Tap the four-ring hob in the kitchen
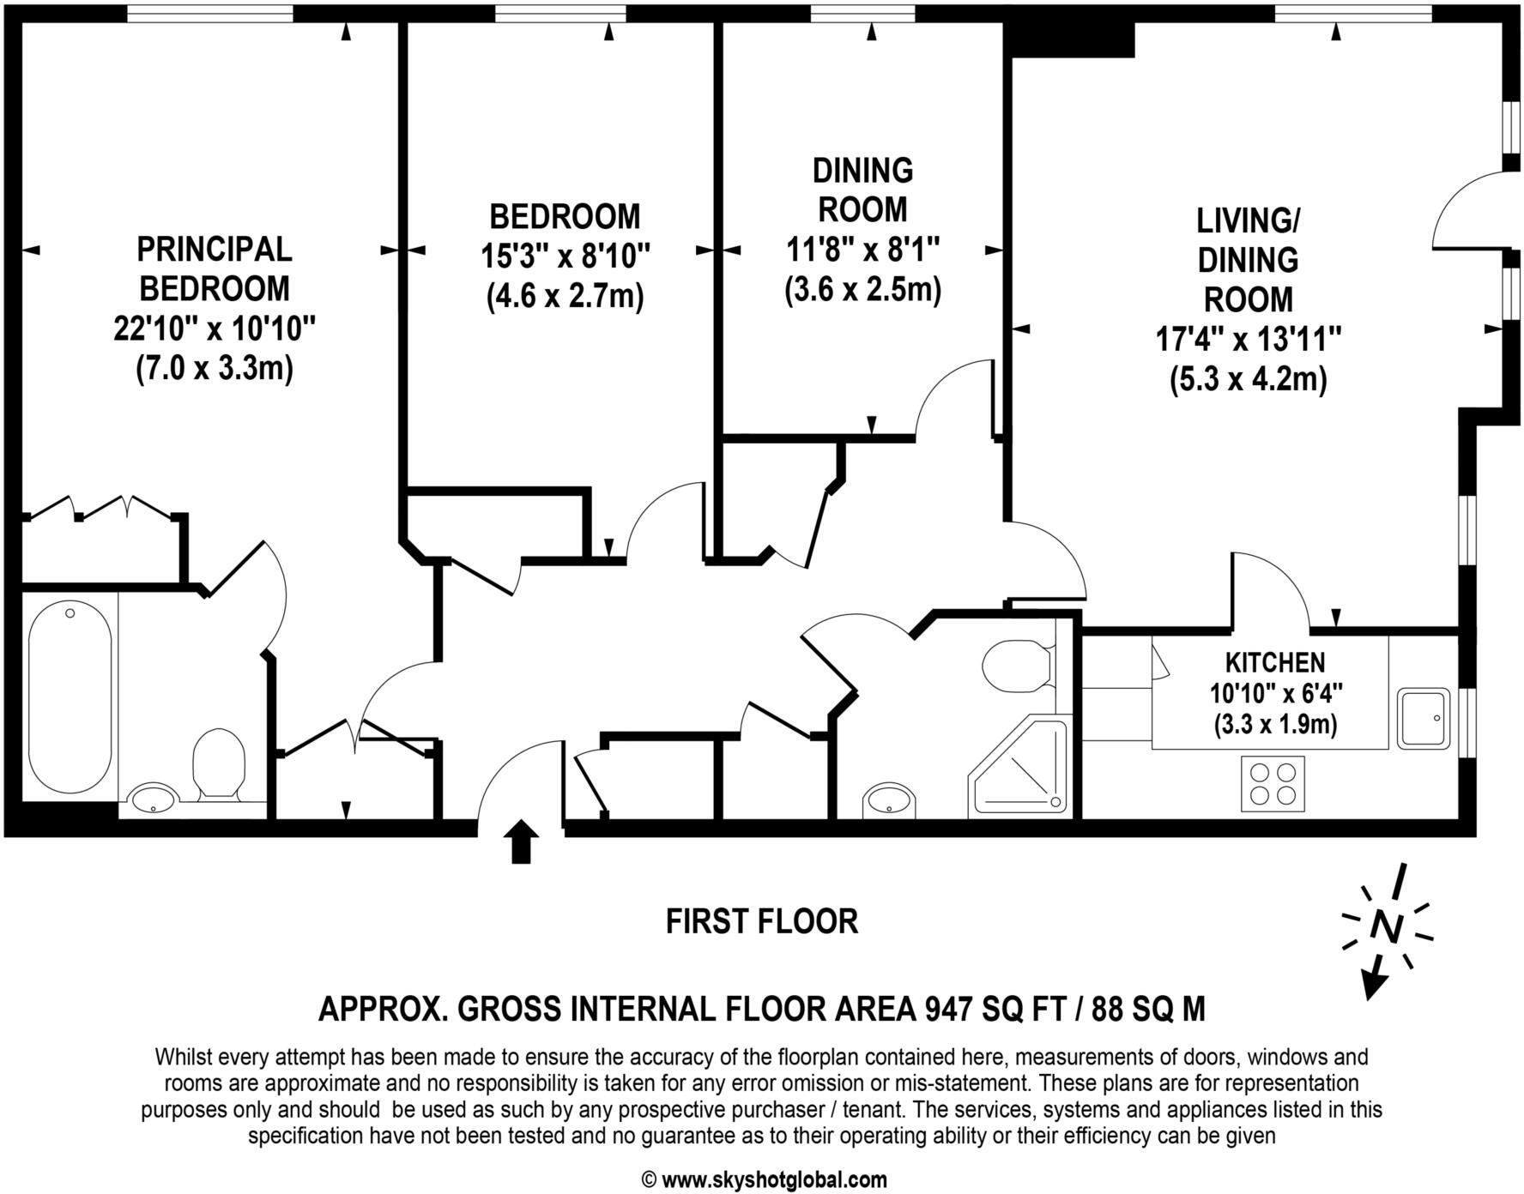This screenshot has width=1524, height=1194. coord(1273,783)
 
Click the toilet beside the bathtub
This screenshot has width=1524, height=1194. coord(219,761)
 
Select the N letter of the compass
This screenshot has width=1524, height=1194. coord(1385,926)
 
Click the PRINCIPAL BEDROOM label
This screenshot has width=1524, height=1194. coord(215,268)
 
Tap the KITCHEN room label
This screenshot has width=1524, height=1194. coord(1274,662)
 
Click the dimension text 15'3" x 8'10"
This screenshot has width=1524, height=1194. coord(565,256)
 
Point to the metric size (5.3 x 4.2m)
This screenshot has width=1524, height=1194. coord(1249,378)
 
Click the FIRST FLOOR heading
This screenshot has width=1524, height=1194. coord(762,921)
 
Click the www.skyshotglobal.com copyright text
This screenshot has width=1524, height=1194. coord(764,1180)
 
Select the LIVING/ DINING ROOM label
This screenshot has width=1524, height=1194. coord(1249,260)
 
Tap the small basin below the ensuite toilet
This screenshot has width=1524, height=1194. coord(153,799)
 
